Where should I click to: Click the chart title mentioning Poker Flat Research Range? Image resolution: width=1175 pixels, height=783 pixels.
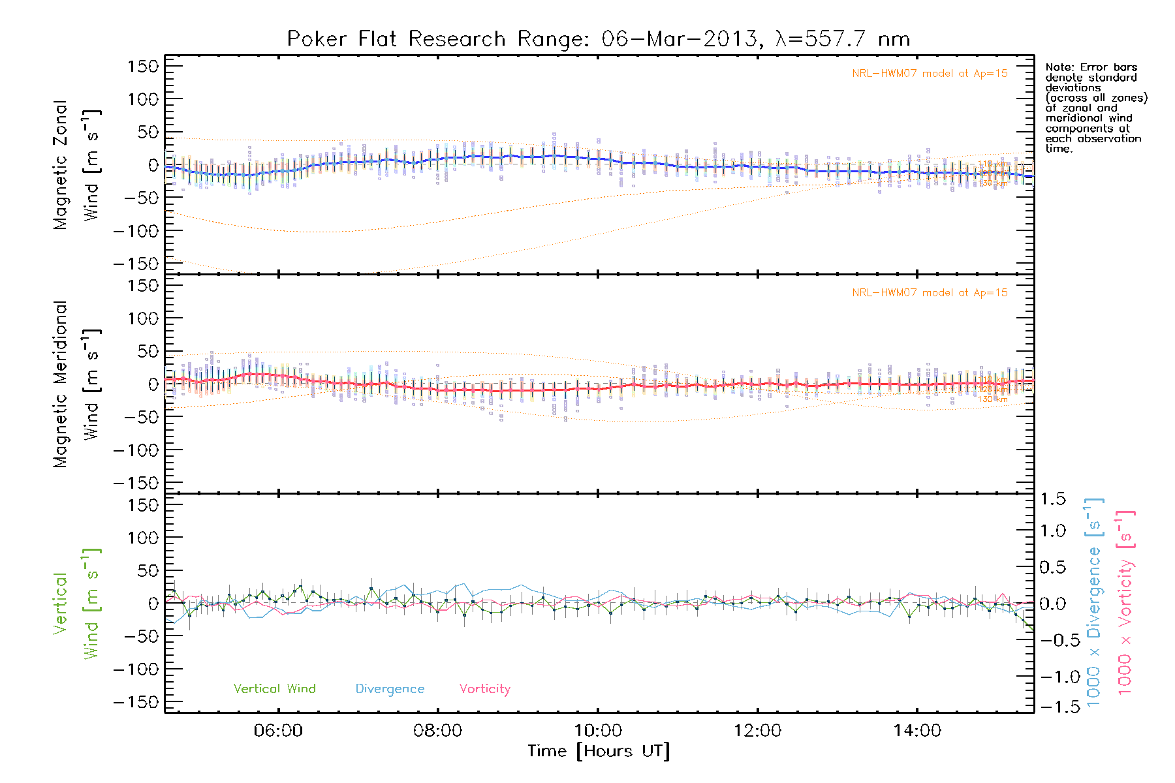click(x=598, y=39)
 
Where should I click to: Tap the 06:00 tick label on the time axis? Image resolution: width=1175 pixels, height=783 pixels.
click(x=278, y=731)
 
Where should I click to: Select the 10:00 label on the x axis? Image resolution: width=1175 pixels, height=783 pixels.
click(x=597, y=731)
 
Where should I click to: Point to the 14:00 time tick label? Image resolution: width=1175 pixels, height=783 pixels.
click(x=917, y=731)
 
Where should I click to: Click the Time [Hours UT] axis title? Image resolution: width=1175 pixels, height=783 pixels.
click(x=598, y=752)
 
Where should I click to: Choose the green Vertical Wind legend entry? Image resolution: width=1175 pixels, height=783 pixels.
click(x=274, y=689)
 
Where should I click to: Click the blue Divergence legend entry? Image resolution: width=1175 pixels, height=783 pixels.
click(x=390, y=689)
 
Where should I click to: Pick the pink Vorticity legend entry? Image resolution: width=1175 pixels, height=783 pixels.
click(x=484, y=689)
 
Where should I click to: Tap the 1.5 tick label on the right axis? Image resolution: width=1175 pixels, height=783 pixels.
click(x=1052, y=499)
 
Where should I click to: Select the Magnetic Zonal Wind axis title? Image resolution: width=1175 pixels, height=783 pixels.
click(x=76, y=165)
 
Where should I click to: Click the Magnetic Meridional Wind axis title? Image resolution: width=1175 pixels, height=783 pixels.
click(x=76, y=384)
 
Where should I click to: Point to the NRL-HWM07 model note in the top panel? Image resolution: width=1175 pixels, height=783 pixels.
click(x=930, y=74)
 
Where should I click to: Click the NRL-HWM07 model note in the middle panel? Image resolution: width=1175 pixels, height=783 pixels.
click(x=930, y=293)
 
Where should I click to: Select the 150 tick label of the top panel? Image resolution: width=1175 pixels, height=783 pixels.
click(x=143, y=67)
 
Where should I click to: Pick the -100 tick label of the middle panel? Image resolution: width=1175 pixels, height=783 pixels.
click(x=136, y=450)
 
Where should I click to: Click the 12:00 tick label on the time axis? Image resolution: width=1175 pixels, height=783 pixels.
click(x=757, y=731)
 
